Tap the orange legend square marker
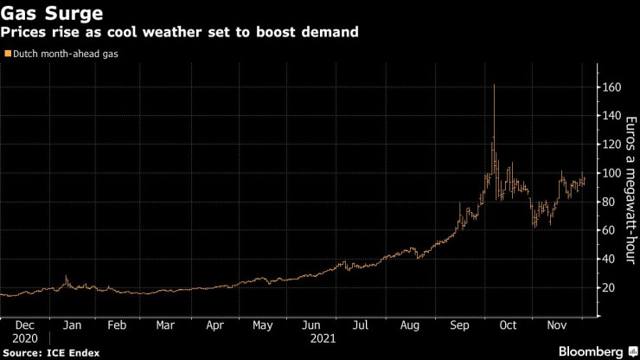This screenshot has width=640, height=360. coord(7,54)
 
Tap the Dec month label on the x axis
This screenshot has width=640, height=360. coord(26,326)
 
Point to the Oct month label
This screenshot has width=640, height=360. coord(509,326)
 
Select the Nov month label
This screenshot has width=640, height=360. coord(558,326)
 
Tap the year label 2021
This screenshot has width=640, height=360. coord(324,339)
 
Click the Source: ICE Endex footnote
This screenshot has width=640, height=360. coord(51,352)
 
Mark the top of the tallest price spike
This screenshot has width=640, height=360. coord(494,85)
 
